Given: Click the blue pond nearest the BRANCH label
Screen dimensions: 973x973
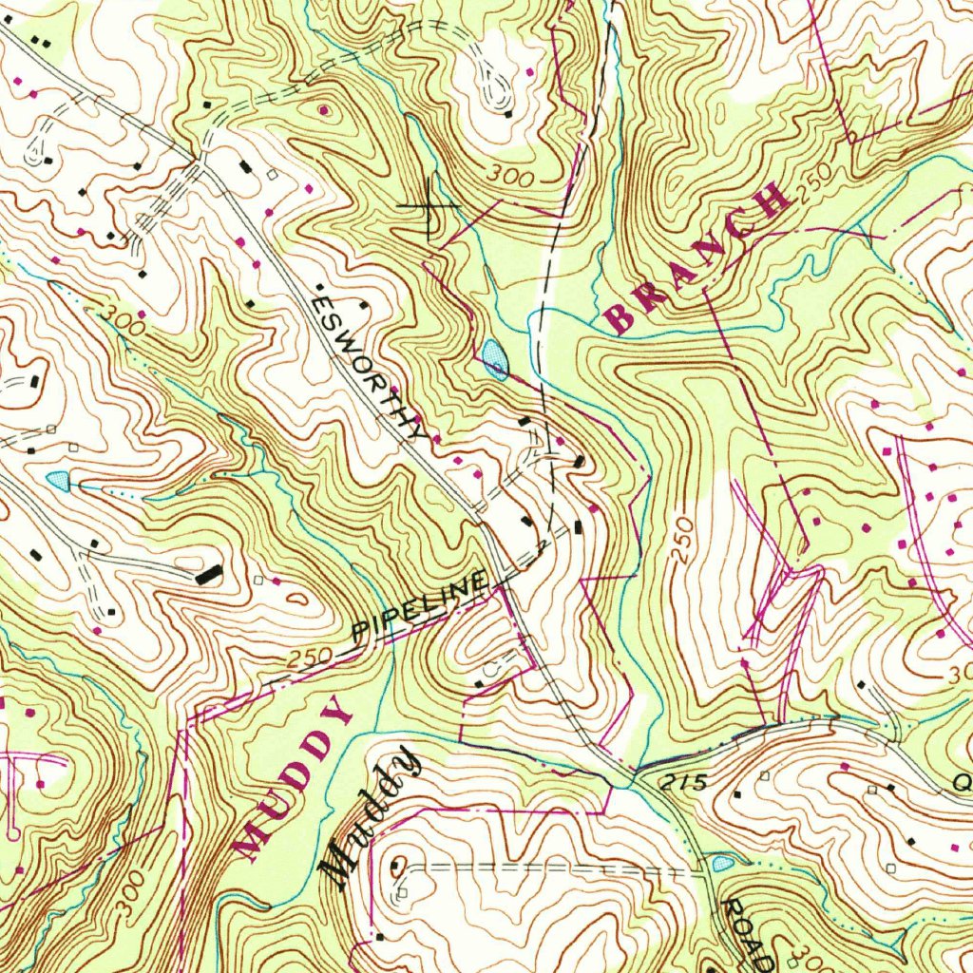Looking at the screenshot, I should pyautogui.click(x=494, y=358).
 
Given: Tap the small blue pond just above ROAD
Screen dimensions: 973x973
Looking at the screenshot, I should pyautogui.click(x=721, y=864).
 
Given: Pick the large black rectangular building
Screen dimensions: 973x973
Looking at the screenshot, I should pyautogui.click(x=208, y=574).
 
